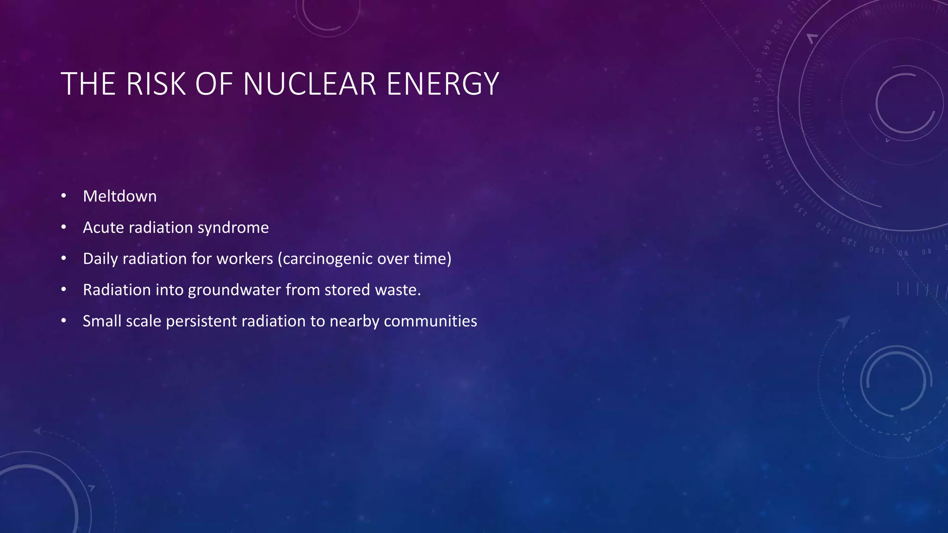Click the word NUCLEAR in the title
pos(309,84)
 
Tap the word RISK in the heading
pos(156,84)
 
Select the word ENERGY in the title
pos(443,84)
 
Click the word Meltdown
pos(119,196)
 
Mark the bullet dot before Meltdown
pos(64,196)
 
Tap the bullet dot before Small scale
pos(64,321)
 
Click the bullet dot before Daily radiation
pos(64,258)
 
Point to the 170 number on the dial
pos(756,105)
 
